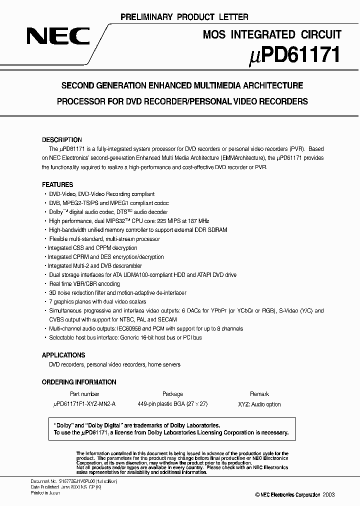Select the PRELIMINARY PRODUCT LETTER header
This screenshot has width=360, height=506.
pyautogui.click(x=184, y=17)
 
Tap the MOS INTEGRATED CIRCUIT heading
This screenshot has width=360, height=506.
pyautogui.click(x=272, y=34)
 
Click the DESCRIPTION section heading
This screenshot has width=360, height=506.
pyautogui.click(x=61, y=140)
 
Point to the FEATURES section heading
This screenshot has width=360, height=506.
pyautogui.click(x=57, y=184)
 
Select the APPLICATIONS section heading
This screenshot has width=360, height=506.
pyautogui.click(x=63, y=355)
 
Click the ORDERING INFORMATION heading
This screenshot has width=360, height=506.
pyautogui.click(x=78, y=382)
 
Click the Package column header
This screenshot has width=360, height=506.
pyautogui.click(x=172, y=394)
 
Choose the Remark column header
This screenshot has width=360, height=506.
pyautogui.click(x=259, y=394)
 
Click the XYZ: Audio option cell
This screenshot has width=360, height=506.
pyautogui.click(x=259, y=404)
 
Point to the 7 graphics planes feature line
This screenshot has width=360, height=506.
pyautogui.click(x=97, y=302)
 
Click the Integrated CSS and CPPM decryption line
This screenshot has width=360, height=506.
pyautogui.click(x=92, y=248)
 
